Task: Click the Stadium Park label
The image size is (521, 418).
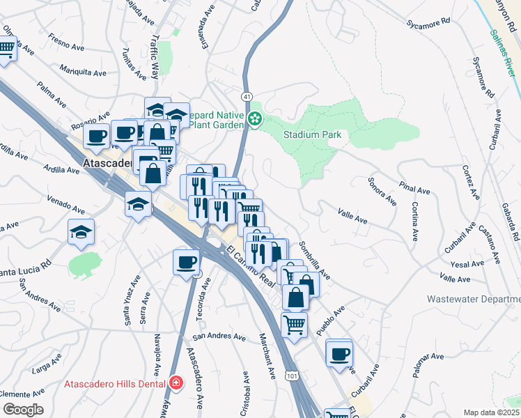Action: [x=312, y=134]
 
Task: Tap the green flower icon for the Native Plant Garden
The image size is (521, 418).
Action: [x=255, y=120]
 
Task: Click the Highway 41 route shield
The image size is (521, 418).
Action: [x=247, y=95]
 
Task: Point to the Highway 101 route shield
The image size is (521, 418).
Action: [x=290, y=376]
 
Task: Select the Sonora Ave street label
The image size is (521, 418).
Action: [x=382, y=192]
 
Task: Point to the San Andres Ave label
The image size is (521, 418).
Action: [x=219, y=337]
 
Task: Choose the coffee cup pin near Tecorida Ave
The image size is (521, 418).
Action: [x=186, y=262]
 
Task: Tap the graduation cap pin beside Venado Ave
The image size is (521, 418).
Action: [x=138, y=204]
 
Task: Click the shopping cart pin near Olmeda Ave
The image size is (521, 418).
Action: [x=6, y=49]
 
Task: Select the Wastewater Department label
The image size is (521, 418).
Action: [x=474, y=299]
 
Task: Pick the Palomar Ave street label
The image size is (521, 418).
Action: [x=427, y=366]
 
